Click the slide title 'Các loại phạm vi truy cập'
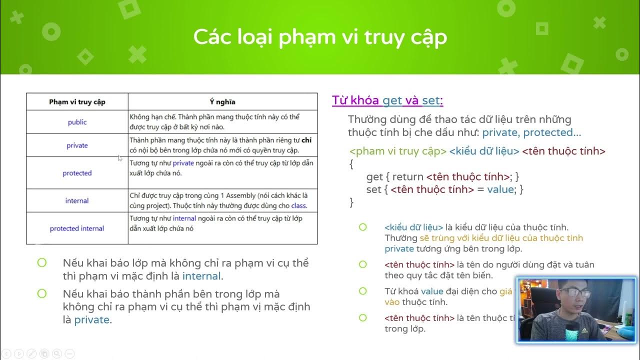click(x=320, y=37)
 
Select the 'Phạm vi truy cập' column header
click(x=77, y=102)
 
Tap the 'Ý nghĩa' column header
click(x=222, y=102)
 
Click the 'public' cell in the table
click(x=77, y=122)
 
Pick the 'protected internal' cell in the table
click(x=77, y=228)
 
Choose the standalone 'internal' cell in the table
click(x=77, y=200)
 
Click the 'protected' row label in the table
click(x=77, y=173)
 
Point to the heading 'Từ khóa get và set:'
click(x=387, y=100)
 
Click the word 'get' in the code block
click(x=374, y=176)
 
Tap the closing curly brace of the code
click(x=351, y=202)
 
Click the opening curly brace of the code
click(x=351, y=163)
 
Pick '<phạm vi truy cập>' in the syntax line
click(x=398, y=151)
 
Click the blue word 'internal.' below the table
click(x=202, y=276)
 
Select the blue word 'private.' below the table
click(x=93, y=320)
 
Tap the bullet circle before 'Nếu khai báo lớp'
click(x=42, y=262)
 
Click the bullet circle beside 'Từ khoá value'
click(x=363, y=290)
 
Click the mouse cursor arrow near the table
click(x=120, y=158)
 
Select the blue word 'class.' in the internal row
click(x=299, y=205)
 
